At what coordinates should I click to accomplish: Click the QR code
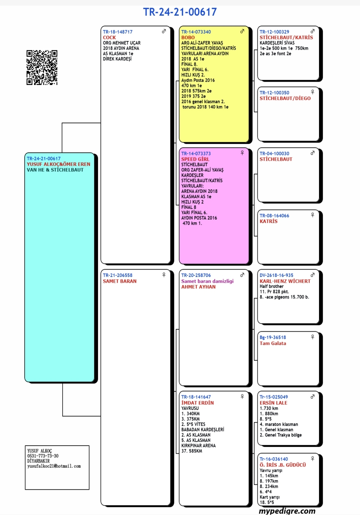(x=42, y=67)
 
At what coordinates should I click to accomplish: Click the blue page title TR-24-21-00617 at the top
(x=180, y=12)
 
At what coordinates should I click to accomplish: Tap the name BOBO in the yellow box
(x=188, y=37)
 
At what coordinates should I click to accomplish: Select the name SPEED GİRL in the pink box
(x=195, y=159)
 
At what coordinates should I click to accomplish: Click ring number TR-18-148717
(x=117, y=32)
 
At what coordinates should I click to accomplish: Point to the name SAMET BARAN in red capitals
(x=120, y=281)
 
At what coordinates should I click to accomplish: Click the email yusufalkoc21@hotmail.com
(x=54, y=466)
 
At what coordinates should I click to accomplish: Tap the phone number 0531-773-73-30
(x=43, y=456)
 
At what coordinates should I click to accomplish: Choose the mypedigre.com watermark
(x=287, y=511)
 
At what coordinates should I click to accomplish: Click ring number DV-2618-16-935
(x=276, y=275)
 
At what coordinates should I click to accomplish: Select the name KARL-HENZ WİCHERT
(x=285, y=281)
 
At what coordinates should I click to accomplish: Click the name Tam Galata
(x=273, y=343)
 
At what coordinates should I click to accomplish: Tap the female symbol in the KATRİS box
(x=312, y=215)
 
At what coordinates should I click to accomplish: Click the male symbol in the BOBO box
(x=242, y=31)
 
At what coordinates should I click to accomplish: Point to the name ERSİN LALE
(x=273, y=403)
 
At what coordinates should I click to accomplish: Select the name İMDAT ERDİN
(x=197, y=403)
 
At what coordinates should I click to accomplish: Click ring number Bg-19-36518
(x=273, y=337)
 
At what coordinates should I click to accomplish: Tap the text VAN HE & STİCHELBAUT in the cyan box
(x=55, y=170)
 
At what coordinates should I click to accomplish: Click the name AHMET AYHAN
(x=198, y=287)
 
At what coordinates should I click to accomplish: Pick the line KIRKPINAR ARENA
(x=198, y=446)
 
